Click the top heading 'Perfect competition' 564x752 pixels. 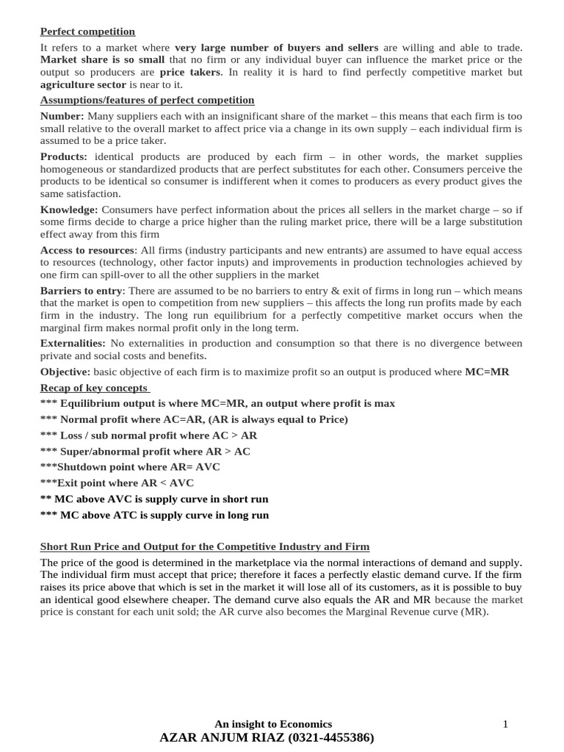87,32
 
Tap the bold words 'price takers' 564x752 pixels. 189,72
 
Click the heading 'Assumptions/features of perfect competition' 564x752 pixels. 147,100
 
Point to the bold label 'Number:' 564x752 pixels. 62,116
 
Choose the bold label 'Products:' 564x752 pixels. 64,156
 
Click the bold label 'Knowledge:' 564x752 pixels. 69,209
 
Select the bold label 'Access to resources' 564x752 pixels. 87,250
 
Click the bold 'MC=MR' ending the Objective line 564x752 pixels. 487,372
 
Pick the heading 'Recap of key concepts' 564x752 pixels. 93,388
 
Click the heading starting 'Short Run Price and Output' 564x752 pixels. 205,547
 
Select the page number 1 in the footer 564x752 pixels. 505,724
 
